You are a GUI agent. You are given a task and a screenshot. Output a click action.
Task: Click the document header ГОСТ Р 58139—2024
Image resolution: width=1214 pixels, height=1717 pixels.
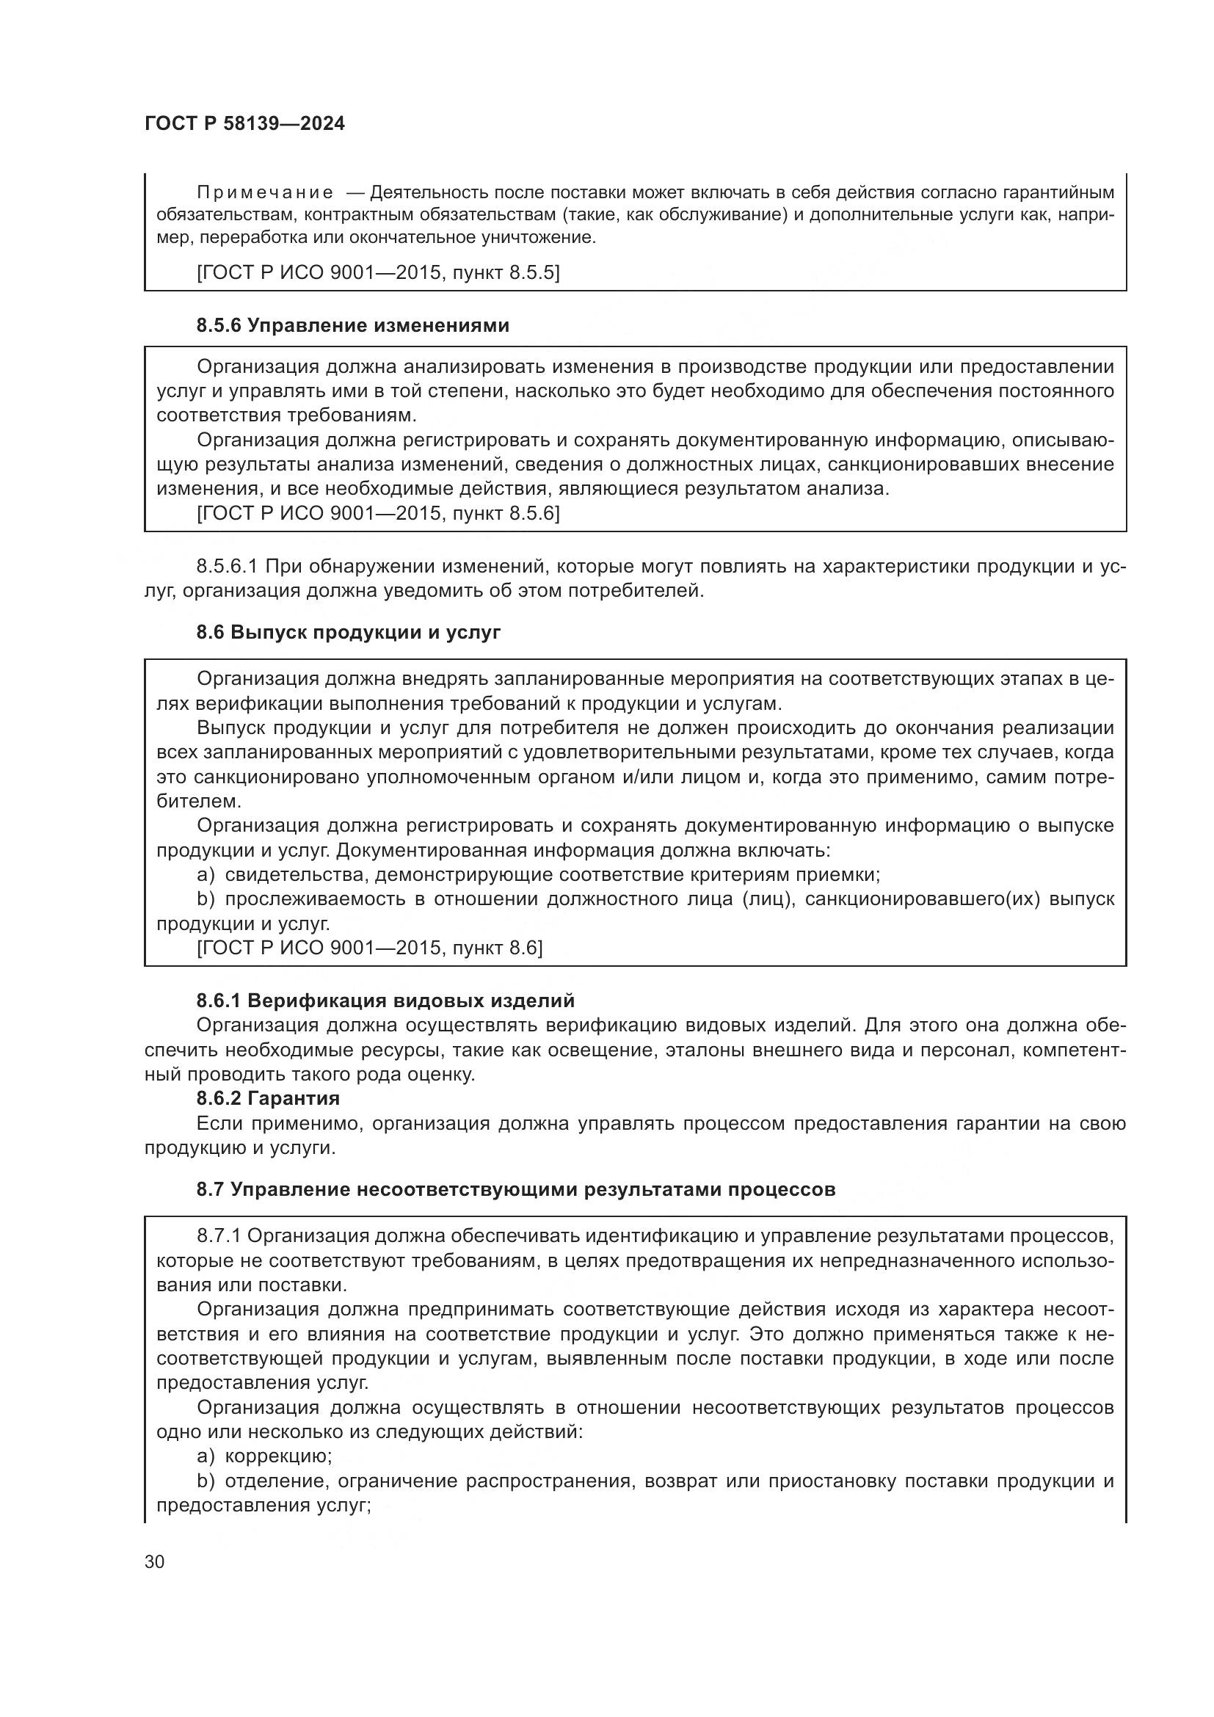point(244,124)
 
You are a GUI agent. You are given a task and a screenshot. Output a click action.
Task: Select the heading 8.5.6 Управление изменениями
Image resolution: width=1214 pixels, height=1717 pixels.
point(353,325)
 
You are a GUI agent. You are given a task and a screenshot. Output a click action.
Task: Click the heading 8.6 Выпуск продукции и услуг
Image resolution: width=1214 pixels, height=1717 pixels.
point(349,632)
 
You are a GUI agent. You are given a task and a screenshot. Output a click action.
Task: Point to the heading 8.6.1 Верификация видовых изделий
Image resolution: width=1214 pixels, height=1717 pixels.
point(385,1001)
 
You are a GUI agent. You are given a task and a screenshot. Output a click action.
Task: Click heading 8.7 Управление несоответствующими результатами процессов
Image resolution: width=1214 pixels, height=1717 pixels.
point(516,1189)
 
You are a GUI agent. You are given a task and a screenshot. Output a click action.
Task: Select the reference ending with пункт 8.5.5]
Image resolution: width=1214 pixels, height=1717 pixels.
point(377,272)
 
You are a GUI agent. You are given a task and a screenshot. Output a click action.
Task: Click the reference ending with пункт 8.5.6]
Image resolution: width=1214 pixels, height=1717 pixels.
point(377,513)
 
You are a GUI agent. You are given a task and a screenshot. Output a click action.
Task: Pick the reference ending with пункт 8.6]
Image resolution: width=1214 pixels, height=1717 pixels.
point(369,948)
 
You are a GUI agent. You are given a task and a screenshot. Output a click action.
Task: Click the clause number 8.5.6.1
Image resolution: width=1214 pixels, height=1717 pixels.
point(227,566)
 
